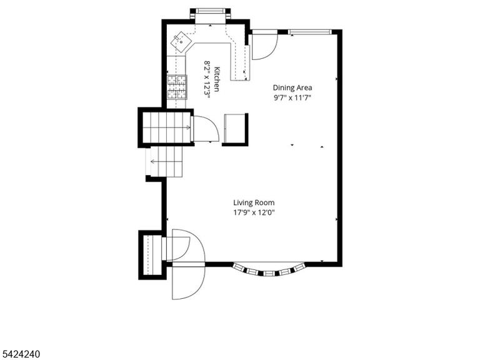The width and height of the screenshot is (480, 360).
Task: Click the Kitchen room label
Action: [x=217, y=79]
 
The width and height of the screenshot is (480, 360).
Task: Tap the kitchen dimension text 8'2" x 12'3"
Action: [x=207, y=79]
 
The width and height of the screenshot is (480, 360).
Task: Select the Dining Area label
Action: [x=292, y=88]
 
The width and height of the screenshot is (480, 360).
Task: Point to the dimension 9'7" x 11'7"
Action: [x=292, y=98]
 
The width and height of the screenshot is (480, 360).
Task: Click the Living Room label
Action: [x=254, y=202]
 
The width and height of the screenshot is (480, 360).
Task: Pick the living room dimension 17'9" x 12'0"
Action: [x=254, y=212]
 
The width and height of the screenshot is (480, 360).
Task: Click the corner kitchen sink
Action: [x=181, y=42]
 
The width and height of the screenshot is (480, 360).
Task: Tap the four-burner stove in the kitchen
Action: [x=177, y=87]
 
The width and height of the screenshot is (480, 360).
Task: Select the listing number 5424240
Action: [x=20, y=354]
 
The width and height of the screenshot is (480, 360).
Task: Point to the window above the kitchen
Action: [x=210, y=11]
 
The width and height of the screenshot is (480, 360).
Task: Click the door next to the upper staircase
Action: [x=206, y=129]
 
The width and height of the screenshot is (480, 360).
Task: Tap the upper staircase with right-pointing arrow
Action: [x=167, y=127]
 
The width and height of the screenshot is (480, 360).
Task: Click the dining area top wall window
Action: [x=310, y=31]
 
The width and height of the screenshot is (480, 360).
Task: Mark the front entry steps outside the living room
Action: [x=152, y=255]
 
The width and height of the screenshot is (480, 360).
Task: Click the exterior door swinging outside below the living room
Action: [x=188, y=281]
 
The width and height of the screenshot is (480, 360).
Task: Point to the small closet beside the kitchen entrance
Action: [x=235, y=129]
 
